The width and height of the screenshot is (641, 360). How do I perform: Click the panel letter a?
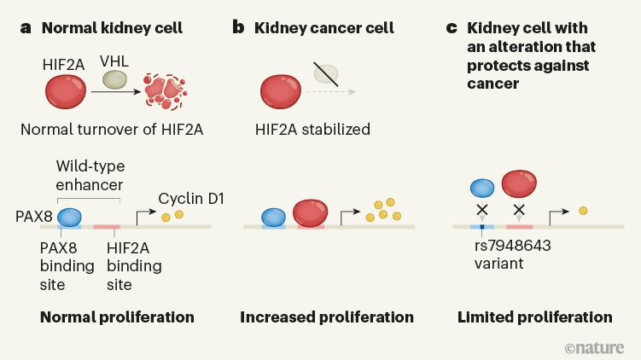pos(26,28)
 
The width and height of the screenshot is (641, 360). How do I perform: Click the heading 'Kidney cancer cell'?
pos(323,28)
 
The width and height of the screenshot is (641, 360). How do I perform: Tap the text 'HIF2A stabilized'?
pos(312,130)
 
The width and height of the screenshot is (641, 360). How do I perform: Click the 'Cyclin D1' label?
pos(191,199)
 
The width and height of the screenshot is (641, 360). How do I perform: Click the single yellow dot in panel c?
pos(583,210)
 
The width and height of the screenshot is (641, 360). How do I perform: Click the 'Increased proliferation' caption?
pos(327,317)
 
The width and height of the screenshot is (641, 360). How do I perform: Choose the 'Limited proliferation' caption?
pos(534,317)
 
